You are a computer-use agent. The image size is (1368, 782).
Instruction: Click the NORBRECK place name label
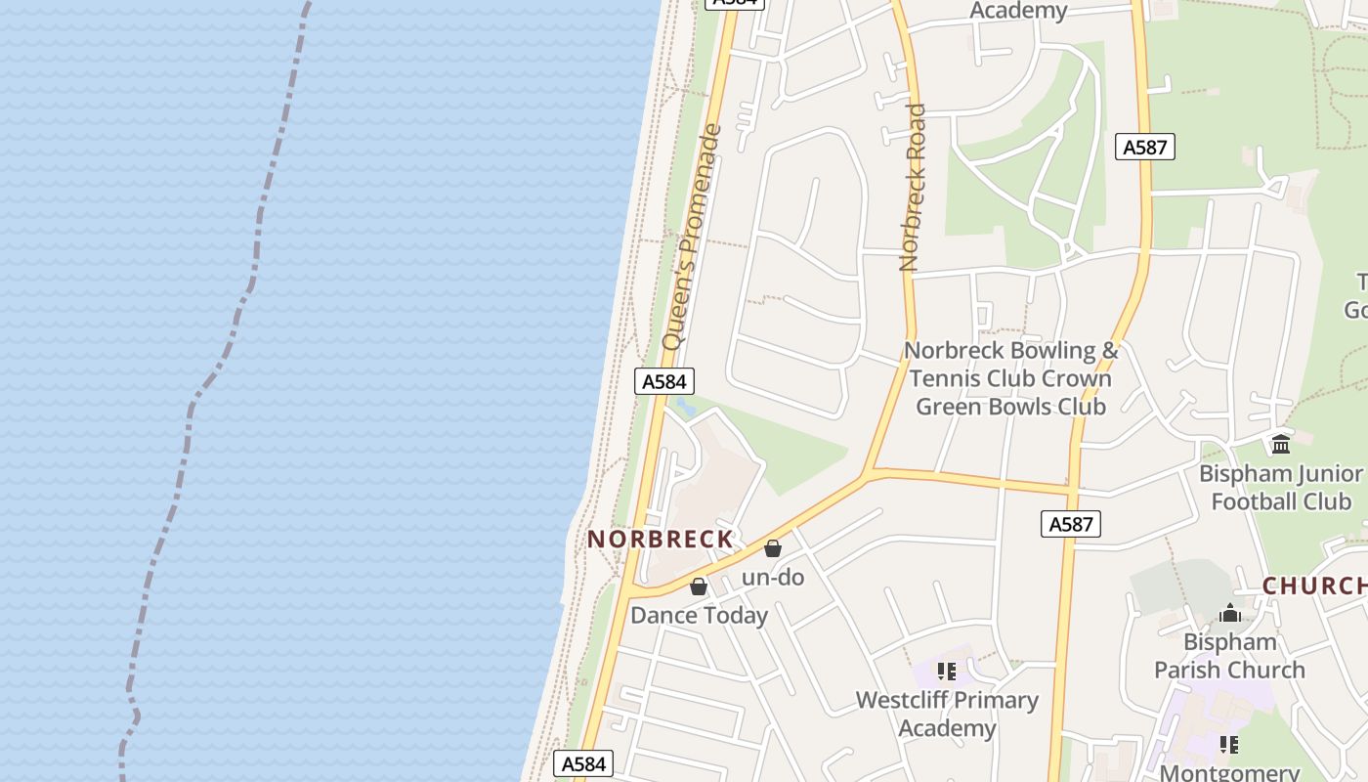pos(661,539)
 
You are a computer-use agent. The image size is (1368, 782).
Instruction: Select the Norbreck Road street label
pos(912,188)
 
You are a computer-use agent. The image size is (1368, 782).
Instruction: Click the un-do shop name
pos(773,577)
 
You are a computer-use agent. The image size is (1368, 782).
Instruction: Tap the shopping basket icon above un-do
pos(773,548)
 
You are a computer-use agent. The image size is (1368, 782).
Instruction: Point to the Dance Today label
pos(699,615)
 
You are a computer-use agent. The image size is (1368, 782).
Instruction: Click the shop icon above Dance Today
pos(699,586)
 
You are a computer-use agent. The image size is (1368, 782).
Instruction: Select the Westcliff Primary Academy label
pos(947,714)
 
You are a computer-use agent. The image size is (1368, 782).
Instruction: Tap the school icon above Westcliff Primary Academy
pos(947,671)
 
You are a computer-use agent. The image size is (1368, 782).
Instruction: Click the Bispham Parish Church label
pos(1229,656)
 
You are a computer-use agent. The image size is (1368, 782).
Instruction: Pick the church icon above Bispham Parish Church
pos(1230,613)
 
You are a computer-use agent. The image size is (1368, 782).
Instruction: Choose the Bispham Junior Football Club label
pos(1280,488)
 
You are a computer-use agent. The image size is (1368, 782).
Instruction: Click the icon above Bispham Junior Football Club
pos(1280,445)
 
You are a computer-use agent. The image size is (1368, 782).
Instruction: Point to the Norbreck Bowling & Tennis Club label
pos(1010,378)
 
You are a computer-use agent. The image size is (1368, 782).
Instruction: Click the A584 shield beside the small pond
pos(664,381)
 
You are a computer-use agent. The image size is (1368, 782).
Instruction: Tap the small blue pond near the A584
pos(686,406)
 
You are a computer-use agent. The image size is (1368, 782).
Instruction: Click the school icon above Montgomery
pos(1229,745)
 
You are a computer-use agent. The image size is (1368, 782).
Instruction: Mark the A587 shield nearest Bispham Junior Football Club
pos(1070,524)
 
